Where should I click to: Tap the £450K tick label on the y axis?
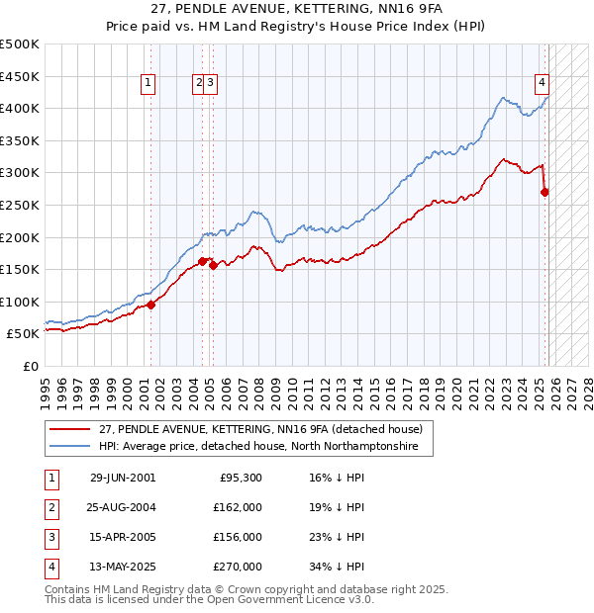click(20, 76)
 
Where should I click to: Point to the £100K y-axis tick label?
click(20, 302)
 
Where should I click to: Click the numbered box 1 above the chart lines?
click(148, 84)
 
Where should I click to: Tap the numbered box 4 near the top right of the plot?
click(543, 84)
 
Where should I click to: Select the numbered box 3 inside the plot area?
click(212, 84)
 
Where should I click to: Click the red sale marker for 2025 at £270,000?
click(544, 192)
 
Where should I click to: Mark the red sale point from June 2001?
click(151, 305)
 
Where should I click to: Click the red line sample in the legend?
click(70, 429)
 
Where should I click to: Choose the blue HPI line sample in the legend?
click(70, 447)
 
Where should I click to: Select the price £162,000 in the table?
click(237, 507)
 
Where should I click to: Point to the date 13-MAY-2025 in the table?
click(123, 567)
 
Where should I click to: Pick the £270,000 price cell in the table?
click(237, 567)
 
